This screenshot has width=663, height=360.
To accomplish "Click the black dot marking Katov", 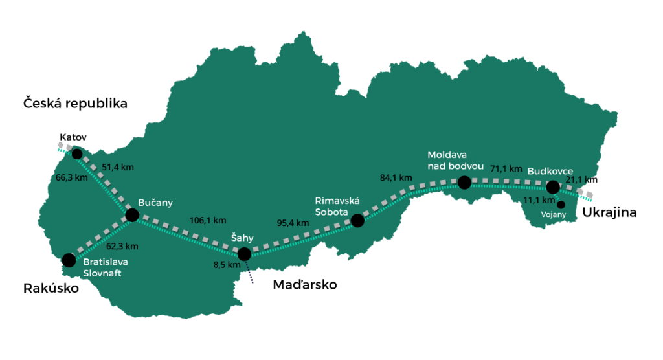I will point(77,153).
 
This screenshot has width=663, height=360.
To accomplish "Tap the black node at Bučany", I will point(132,215).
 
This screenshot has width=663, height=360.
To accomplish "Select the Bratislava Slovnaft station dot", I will point(69,261).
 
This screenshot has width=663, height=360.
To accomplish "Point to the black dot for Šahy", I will point(244,254).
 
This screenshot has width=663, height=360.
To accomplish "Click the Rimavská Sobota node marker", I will point(357,221).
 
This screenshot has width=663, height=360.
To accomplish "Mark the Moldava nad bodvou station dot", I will point(464,183).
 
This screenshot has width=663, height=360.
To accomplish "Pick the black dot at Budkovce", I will point(552,187).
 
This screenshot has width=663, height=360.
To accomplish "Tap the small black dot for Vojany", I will point(561,205).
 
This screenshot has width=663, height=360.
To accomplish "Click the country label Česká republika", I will point(75,103).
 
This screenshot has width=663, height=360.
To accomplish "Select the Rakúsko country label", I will point(51,288).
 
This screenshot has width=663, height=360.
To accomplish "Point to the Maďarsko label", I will point(305,285).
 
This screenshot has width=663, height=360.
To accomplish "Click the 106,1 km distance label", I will point(207,219).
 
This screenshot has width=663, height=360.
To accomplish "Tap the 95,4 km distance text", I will point(293,223).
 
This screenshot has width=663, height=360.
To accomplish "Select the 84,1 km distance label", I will point(396,177).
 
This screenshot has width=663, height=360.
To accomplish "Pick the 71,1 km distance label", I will point(506,168).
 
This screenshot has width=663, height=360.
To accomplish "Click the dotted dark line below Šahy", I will point(249,273).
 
